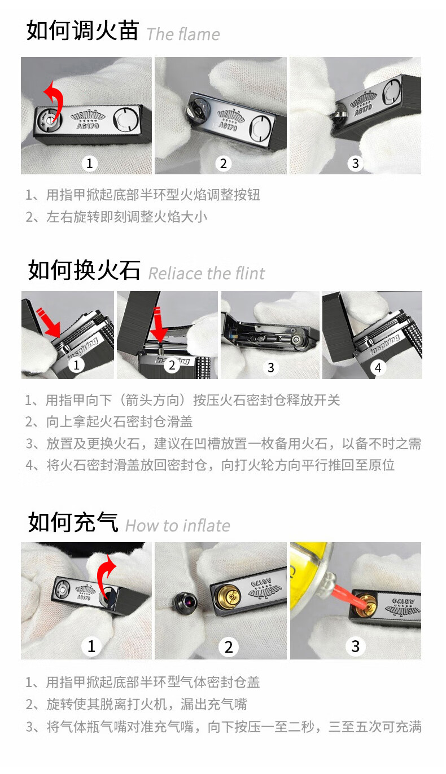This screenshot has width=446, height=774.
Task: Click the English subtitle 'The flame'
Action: coord(183,34)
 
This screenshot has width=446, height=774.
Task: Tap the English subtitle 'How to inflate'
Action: coord(178,526)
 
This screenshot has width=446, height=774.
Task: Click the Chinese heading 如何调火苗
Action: coord(82,30)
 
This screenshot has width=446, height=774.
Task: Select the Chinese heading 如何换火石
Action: coord(84,270)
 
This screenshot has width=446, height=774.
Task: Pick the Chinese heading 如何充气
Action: coord(73,522)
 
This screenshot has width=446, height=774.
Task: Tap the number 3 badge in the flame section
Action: coord(356,163)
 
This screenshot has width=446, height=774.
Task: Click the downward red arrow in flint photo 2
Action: coord(159,323)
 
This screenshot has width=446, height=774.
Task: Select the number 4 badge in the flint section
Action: coord(378,368)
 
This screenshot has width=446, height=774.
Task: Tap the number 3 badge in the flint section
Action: coord(271,367)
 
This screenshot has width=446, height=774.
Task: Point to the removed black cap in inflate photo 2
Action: coord(185,603)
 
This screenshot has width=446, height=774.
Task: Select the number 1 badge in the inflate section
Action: coord(91,646)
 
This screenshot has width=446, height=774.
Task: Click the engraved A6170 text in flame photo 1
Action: coord(88,126)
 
